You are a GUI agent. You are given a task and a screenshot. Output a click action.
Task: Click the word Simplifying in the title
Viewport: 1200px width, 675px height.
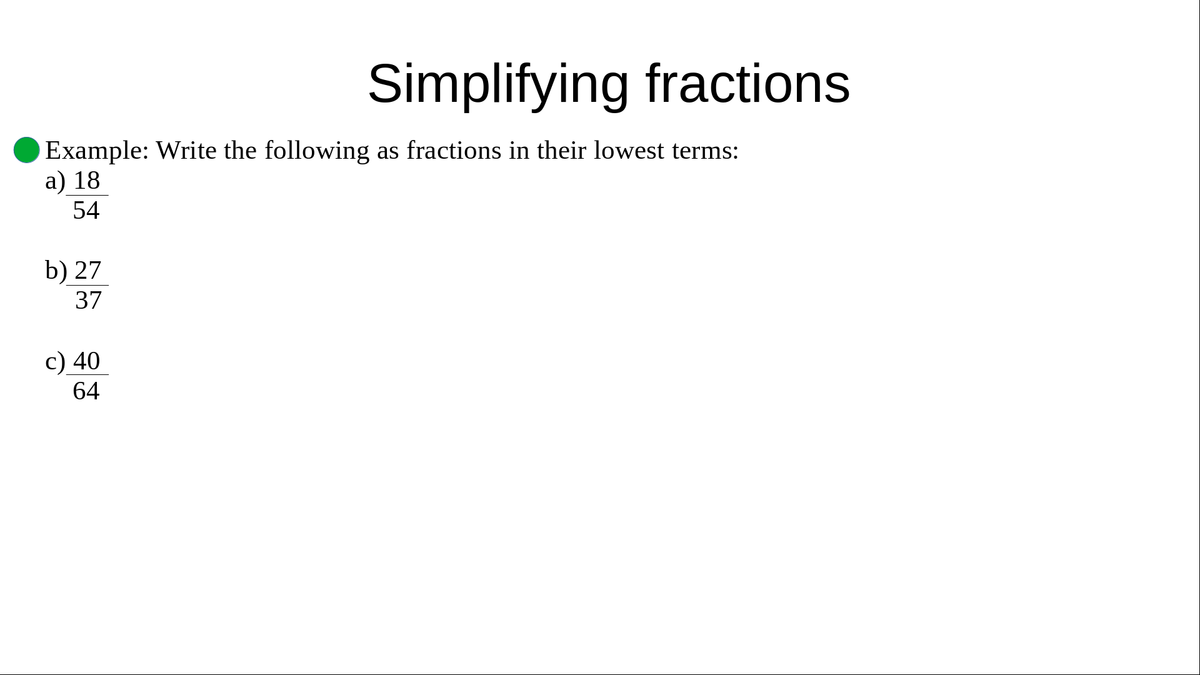pos(498,84)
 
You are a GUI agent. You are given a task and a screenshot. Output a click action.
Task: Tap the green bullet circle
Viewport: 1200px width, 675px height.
pos(27,150)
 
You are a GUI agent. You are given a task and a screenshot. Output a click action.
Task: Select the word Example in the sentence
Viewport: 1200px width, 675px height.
pos(97,151)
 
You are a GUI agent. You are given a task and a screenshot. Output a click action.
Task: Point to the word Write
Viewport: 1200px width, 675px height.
pos(186,150)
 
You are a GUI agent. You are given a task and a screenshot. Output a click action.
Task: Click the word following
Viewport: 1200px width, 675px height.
pos(317,151)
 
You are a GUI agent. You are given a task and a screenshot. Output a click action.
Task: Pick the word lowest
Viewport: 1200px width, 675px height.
pos(629,150)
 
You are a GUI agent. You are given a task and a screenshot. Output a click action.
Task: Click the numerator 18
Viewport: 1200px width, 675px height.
pos(87,181)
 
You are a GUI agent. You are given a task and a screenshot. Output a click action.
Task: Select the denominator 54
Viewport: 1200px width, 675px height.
pos(86,211)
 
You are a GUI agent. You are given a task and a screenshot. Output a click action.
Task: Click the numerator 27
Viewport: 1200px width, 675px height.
pos(88,271)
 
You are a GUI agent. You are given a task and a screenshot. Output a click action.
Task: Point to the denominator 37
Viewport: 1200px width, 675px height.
pos(88,301)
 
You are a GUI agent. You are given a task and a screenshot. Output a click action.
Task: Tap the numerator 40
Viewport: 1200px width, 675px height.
pos(87,361)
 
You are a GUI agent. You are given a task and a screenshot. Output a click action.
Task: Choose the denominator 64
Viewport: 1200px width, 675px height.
pos(86,391)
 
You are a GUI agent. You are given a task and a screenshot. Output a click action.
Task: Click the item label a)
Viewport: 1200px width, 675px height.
pos(56,181)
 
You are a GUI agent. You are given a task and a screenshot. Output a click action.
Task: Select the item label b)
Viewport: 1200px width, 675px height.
pos(56,271)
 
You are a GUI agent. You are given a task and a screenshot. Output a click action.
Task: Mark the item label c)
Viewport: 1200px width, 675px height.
pos(56,362)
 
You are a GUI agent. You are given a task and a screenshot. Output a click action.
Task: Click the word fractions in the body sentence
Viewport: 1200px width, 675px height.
pos(454,150)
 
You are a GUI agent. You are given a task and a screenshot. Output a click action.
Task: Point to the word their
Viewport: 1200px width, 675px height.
pos(561,150)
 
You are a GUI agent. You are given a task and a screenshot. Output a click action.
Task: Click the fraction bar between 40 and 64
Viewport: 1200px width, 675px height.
pos(87,375)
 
